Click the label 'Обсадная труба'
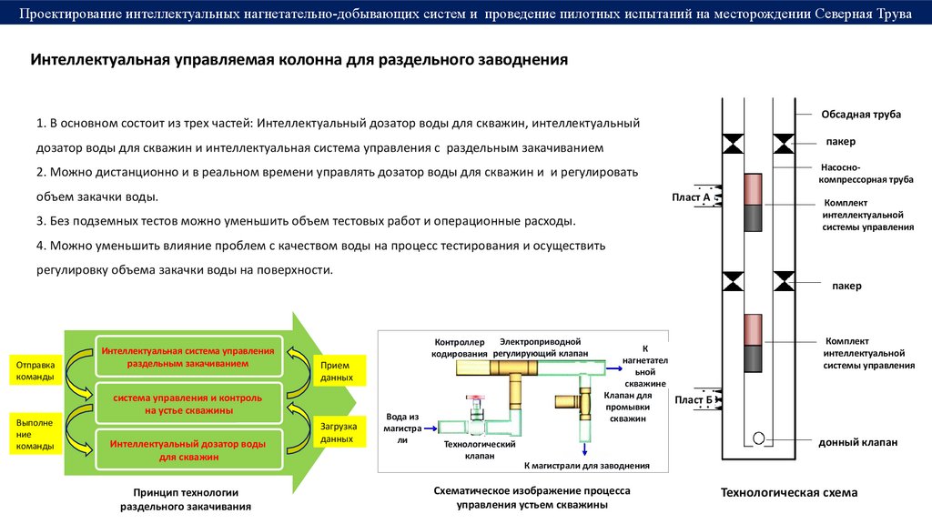861,114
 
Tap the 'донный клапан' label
857,442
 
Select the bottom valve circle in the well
758,438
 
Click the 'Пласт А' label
691,196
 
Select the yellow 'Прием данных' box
337,370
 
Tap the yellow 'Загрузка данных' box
338,432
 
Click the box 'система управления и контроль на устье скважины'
188,404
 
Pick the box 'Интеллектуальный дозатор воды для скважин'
187,449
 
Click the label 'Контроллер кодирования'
461,347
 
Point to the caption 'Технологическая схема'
789,492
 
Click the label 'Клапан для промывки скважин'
628,407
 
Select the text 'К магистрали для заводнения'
586,466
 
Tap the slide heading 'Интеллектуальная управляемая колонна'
299,61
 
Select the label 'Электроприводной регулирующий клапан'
541,347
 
